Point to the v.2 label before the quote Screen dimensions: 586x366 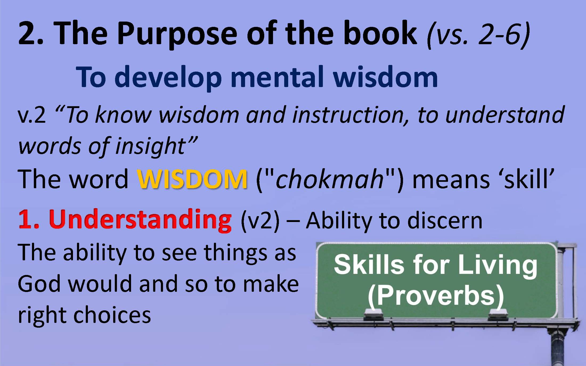coord(32,115)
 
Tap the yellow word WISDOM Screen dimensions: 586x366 coord(192,179)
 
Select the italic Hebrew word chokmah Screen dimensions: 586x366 coord(330,179)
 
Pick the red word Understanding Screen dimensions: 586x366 coord(140,220)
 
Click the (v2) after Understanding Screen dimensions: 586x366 coord(260,221)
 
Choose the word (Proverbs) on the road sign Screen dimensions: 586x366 coord(436,297)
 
